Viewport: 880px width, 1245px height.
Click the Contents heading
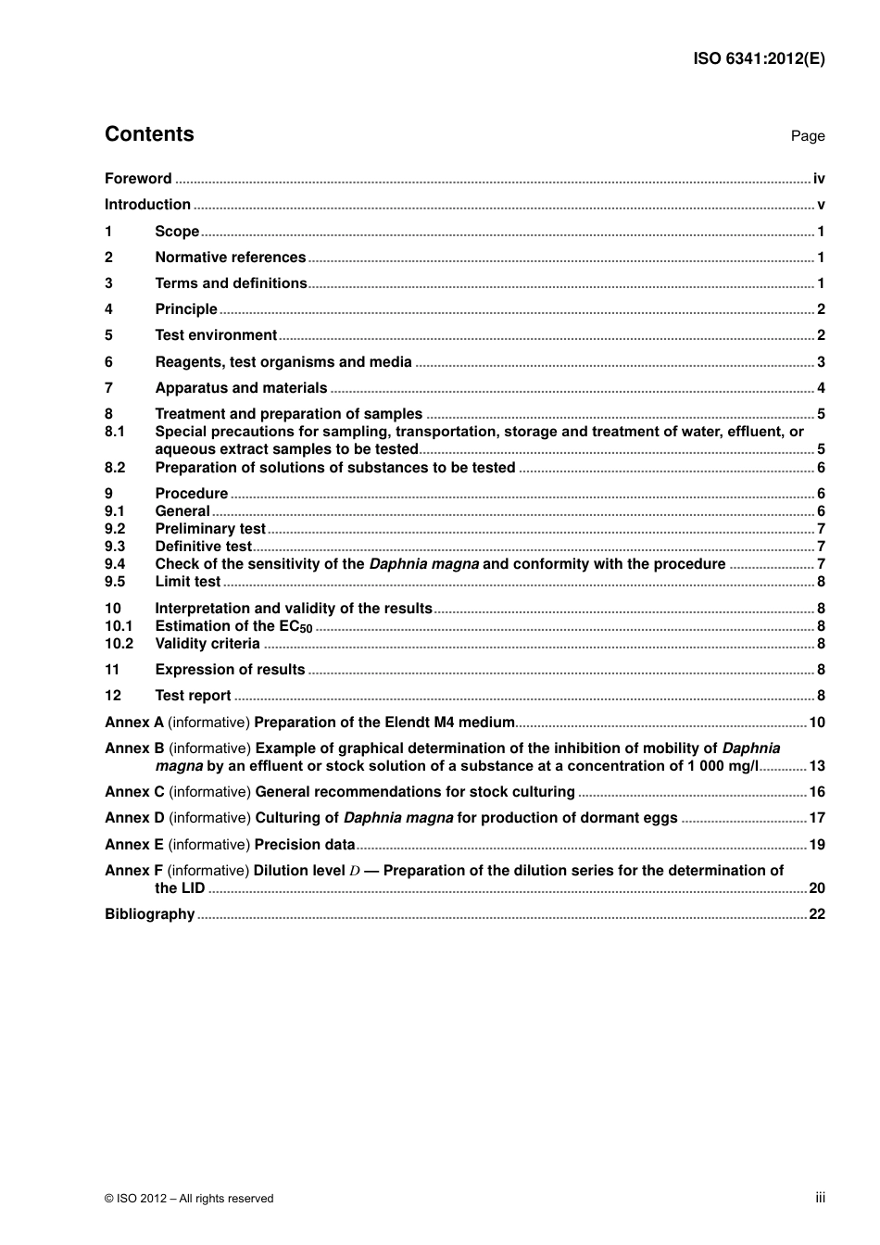click(149, 134)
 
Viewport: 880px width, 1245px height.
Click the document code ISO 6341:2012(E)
click(759, 58)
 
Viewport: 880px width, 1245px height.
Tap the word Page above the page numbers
click(807, 136)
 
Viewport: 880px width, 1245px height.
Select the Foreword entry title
click(138, 179)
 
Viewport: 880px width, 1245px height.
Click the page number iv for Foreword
click(818, 179)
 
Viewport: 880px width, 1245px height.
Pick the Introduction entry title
click(147, 205)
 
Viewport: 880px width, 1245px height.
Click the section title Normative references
click(230, 258)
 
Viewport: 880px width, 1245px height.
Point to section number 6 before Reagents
click(108, 362)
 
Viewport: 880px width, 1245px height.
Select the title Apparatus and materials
click(241, 388)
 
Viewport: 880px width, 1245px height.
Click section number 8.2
click(115, 468)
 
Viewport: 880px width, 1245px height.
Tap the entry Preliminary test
click(210, 529)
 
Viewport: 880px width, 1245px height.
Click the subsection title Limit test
click(187, 582)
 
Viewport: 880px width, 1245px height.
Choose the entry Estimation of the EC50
click(233, 626)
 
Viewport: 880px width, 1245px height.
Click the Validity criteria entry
click(207, 644)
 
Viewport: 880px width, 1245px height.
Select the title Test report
click(193, 696)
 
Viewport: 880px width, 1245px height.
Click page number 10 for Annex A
click(816, 723)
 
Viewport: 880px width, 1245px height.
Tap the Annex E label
click(133, 845)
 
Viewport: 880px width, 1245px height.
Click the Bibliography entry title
click(149, 914)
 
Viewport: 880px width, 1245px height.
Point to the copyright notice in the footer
click(189, 1199)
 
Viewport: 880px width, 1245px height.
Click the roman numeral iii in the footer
click(820, 1198)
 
